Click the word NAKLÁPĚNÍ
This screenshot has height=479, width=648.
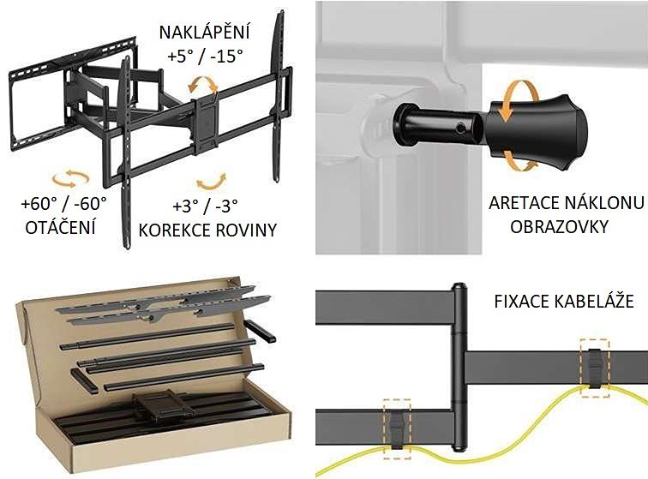tap(204, 33)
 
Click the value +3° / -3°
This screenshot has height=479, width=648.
tap(206, 206)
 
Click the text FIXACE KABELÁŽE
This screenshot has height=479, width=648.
tap(563, 302)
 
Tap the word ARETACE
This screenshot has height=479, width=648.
tap(523, 204)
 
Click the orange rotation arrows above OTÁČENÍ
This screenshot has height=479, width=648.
tap(70, 178)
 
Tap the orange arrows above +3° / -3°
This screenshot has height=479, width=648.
tap(211, 182)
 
